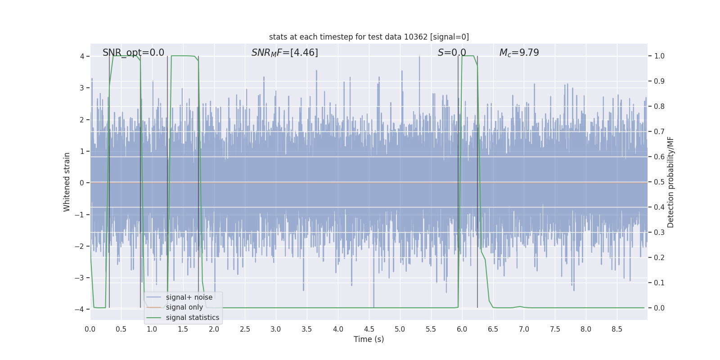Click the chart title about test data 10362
tap(369, 37)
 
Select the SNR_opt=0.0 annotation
tap(133, 53)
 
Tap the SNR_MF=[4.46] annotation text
tap(284, 53)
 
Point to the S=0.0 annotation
tap(452, 53)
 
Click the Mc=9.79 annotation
tap(519, 53)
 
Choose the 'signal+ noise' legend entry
tap(189, 297)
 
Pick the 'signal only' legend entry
tap(184, 307)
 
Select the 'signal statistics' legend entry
tap(192, 318)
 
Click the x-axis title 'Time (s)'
tap(369, 339)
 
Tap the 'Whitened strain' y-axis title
tap(67, 182)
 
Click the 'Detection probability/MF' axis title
tap(670, 182)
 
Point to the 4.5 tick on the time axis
tap(369, 329)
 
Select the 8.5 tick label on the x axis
tap(617, 329)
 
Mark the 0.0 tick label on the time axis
tap(90, 329)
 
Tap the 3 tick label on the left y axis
tap(82, 88)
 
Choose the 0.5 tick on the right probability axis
tap(659, 182)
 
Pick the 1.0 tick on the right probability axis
tap(659, 56)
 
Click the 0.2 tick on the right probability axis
tap(659, 258)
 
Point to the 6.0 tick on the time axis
tap(462, 329)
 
